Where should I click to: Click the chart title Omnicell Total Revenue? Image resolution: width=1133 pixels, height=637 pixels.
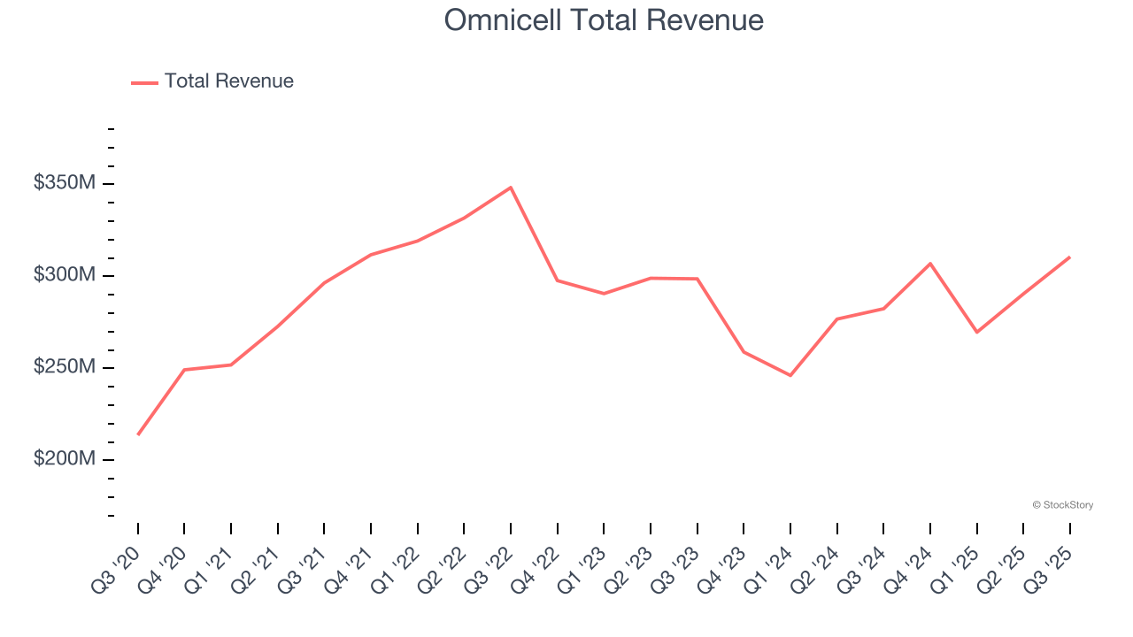pyautogui.click(x=603, y=19)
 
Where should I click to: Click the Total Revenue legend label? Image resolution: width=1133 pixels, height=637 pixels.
pyautogui.click(x=228, y=81)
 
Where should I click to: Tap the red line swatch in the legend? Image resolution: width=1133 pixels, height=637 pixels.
pyautogui.click(x=144, y=82)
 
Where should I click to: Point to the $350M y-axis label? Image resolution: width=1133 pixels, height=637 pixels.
pyautogui.click(x=65, y=183)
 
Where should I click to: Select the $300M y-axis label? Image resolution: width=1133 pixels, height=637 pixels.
pyautogui.click(x=65, y=275)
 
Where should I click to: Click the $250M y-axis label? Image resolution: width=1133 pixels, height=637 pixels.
pyautogui.click(x=65, y=367)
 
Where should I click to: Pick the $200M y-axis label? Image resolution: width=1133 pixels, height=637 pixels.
pyautogui.click(x=65, y=459)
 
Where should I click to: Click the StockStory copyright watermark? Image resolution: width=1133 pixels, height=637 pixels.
pyautogui.click(x=1062, y=505)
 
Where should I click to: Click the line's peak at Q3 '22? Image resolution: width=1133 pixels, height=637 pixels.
pyautogui.click(x=511, y=188)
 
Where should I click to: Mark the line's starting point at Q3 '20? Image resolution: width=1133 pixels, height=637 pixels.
pyautogui.click(x=138, y=434)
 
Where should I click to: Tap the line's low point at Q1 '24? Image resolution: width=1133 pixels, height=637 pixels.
pyautogui.click(x=790, y=375)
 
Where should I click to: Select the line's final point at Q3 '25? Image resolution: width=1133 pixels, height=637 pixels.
pyautogui.click(x=1069, y=257)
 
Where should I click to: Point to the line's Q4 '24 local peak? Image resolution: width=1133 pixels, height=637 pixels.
pyautogui.click(x=930, y=264)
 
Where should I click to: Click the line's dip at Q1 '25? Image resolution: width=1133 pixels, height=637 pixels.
pyautogui.click(x=976, y=332)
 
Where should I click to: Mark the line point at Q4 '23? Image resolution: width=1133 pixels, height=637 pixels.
pyautogui.click(x=744, y=352)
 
